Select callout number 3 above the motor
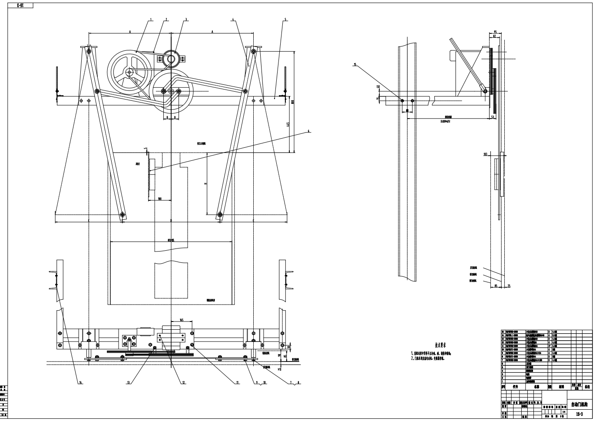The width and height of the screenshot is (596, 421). (x=186, y=20)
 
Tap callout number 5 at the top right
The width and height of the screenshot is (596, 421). (x=285, y=20)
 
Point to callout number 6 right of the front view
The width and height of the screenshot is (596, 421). (x=308, y=131)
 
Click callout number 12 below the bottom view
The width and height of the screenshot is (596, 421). (x=184, y=383)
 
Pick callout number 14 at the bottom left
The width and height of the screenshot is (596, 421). (x=80, y=383)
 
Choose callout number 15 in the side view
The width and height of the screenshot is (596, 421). (x=355, y=65)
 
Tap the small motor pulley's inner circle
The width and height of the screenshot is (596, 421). (x=171, y=58)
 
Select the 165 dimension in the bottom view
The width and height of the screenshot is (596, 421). (x=182, y=320)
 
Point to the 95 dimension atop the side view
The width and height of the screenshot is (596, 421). (x=495, y=32)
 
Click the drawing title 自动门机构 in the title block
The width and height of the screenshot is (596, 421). (x=579, y=404)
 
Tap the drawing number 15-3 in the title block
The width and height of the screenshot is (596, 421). (x=579, y=414)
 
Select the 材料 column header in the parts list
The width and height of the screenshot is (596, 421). (x=561, y=386)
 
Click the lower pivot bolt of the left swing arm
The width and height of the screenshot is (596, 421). (x=123, y=215)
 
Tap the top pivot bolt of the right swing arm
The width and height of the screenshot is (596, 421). (x=252, y=51)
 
